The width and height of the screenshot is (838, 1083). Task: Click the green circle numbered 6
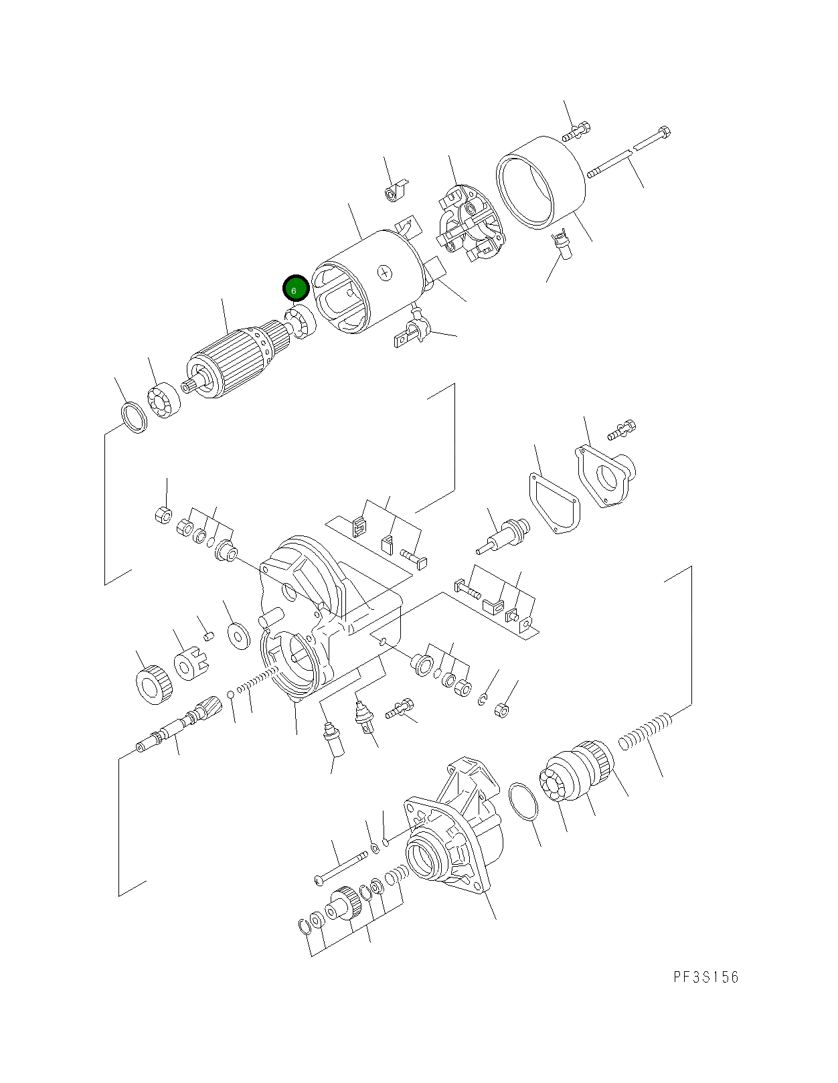pos(295,289)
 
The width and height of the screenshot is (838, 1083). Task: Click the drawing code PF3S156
pos(705,977)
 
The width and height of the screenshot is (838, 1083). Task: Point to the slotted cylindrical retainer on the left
pos(188,665)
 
